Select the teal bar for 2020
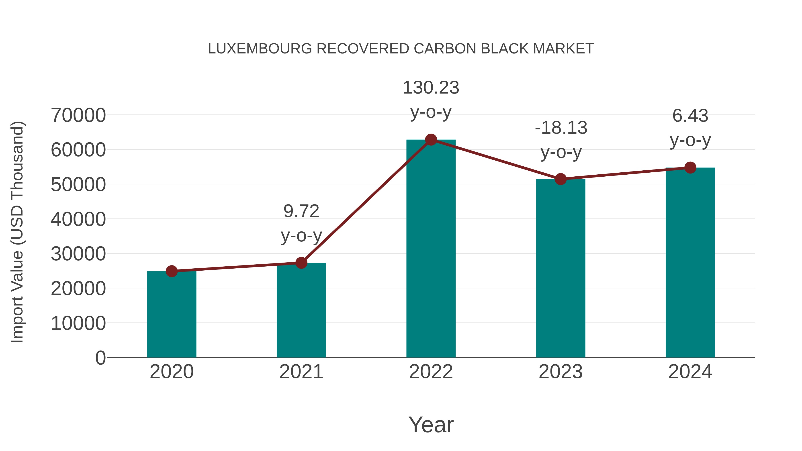point(172,314)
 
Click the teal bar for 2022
point(431,249)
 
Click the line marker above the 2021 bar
point(301,263)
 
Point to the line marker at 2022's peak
point(431,140)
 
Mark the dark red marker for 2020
point(172,271)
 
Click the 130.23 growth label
point(431,88)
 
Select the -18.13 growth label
point(561,128)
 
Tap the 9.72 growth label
point(301,211)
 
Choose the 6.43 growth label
point(690,116)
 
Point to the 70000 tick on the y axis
point(78,115)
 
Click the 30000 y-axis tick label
point(78,254)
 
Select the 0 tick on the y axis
point(100,358)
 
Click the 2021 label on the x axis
point(301,372)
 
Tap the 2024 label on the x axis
point(690,372)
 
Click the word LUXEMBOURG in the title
point(260,49)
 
